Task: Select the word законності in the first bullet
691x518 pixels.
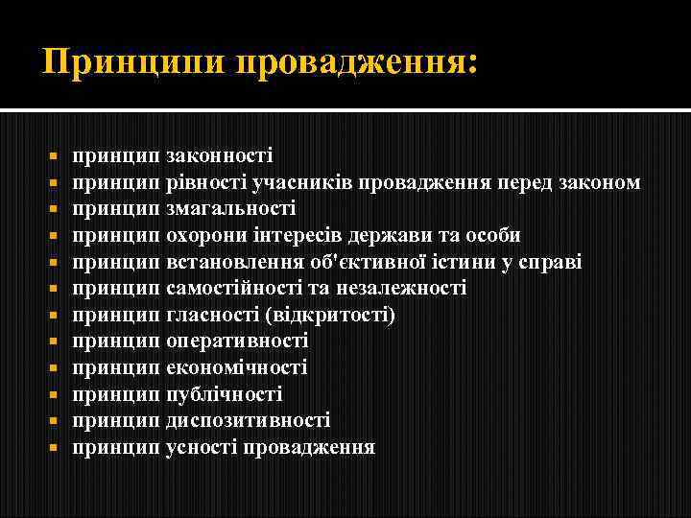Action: (x=219, y=155)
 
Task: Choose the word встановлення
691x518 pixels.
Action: (x=232, y=262)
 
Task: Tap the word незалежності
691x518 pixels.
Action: (x=406, y=288)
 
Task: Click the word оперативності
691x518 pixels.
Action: (x=237, y=341)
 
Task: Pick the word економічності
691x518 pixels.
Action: (x=236, y=367)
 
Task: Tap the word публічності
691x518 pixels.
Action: (x=224, y=394)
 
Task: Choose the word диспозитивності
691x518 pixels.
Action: (x=248, y=420)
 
